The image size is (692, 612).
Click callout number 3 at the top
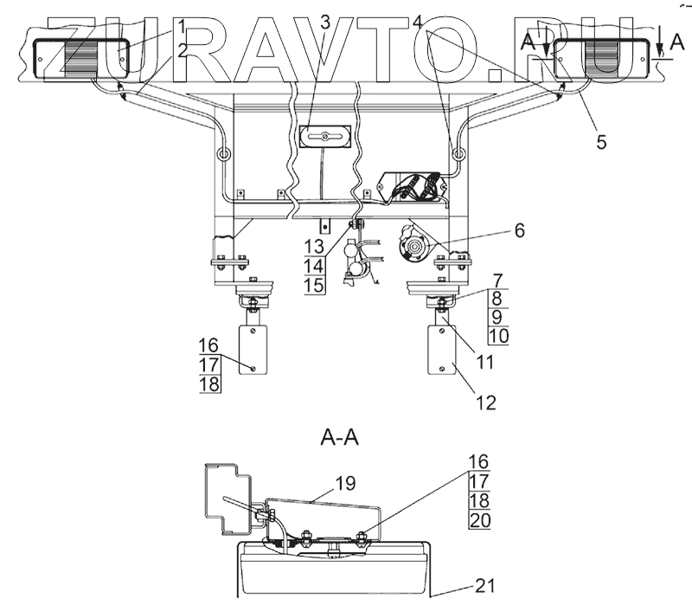click(x=324, y=21)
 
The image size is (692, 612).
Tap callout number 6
click(x=519, y=231)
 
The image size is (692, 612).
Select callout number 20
click(x=478, y=520)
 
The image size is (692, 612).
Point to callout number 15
click(x=314, y=285)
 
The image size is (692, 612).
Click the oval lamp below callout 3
click(x=322, y=137)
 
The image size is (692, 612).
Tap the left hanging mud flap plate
click(x=251, y=349)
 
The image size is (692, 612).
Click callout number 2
click(x=182, y=49)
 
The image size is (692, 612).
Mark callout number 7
click(x=497, y=279)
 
